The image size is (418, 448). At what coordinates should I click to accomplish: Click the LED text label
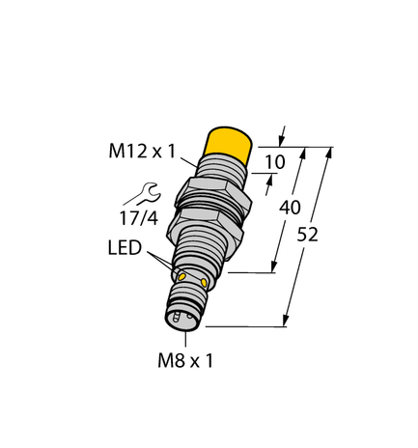[126, 250]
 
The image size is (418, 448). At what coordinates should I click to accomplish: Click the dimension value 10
[275, 162]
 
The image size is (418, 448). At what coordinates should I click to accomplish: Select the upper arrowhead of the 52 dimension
[331, 154]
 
